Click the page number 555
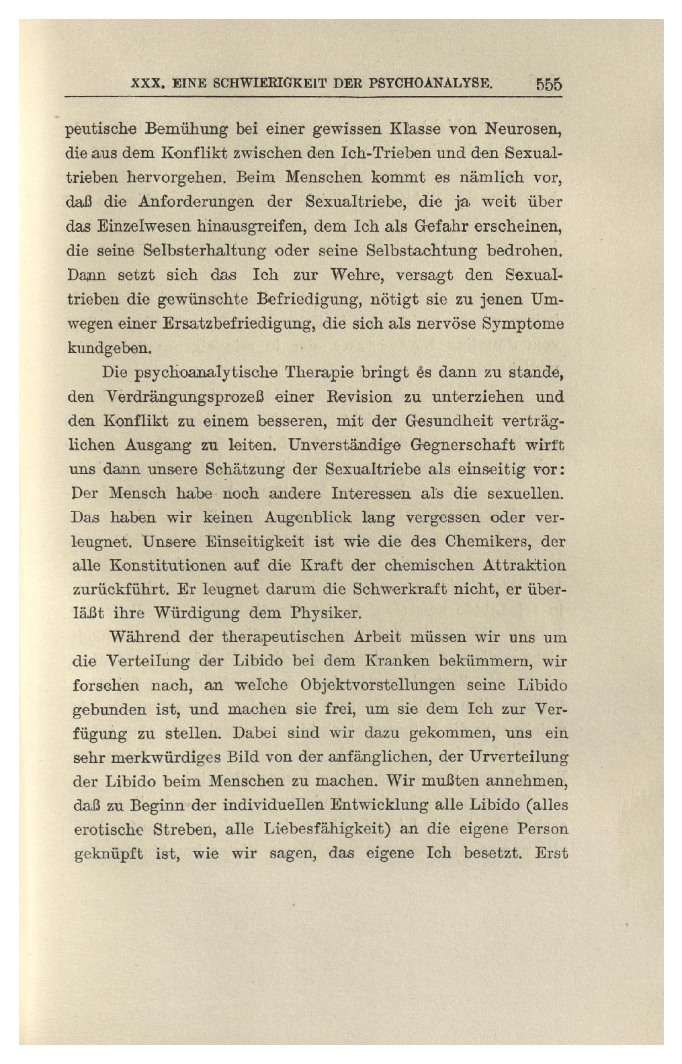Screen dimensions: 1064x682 [548, 85]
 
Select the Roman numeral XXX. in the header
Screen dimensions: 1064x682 [147, 85]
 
